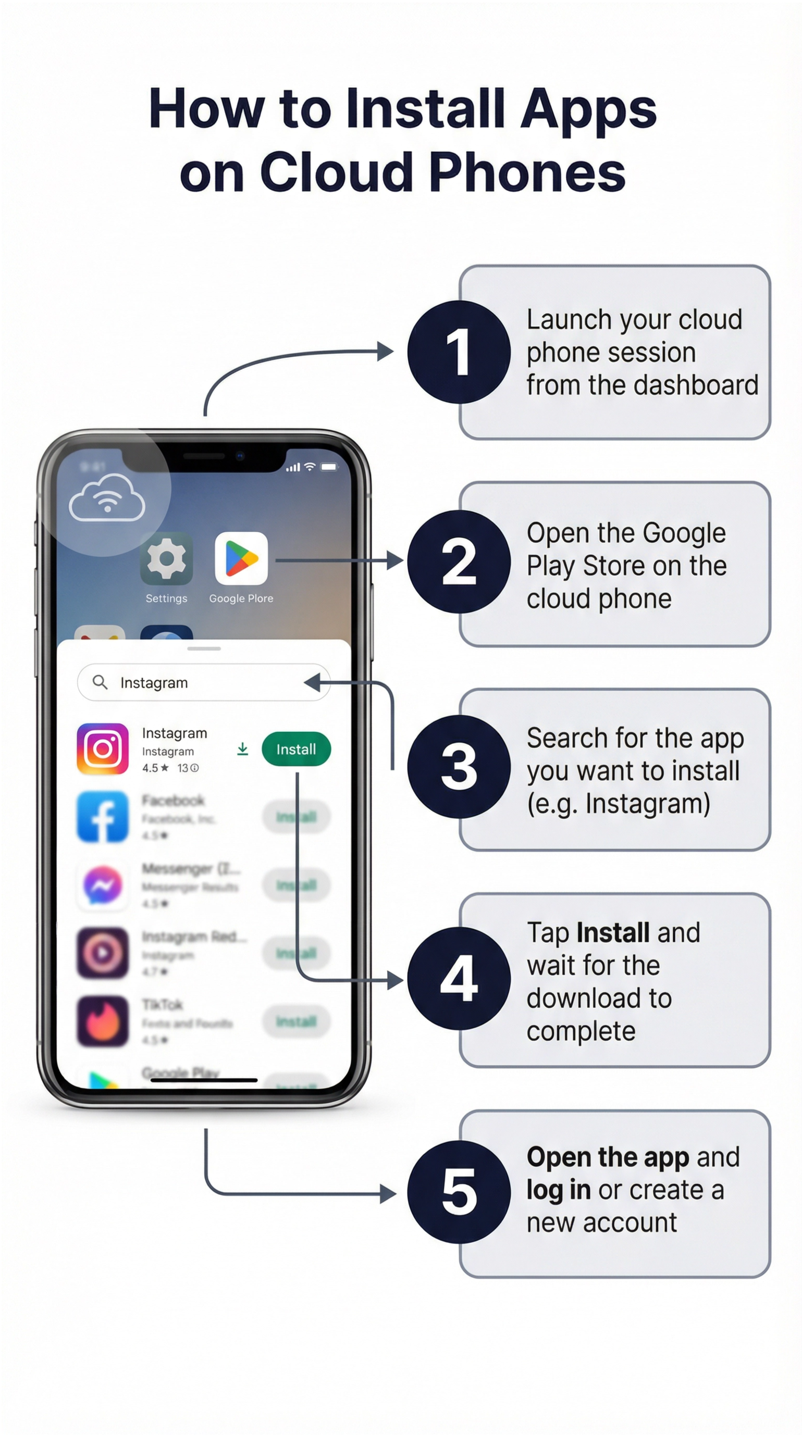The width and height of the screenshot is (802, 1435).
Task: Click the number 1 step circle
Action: point(458,352)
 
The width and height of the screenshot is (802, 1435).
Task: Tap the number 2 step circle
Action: point(458,561)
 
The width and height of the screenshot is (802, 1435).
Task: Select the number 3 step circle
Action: point(458,767)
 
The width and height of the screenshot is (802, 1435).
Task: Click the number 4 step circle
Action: point(458,979)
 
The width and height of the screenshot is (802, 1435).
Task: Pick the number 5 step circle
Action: point(458,1192)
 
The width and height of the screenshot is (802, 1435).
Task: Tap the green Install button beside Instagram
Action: point(296,749)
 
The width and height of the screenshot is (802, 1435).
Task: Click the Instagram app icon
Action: point(103,749)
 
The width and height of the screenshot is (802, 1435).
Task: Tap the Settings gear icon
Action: point(166,559)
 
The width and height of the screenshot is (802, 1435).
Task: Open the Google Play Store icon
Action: point(241,559)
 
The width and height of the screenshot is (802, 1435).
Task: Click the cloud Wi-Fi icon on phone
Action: point(107,497)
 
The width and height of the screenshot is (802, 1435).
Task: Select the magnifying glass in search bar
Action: point(100,682)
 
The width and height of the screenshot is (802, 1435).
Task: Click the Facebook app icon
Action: point(103,817)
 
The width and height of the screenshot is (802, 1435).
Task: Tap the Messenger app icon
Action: point(103,884)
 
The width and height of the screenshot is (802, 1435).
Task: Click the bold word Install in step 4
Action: point(613,933)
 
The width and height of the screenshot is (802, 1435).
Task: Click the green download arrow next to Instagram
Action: point(242,749)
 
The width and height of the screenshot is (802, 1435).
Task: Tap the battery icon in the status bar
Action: point(329,467)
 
